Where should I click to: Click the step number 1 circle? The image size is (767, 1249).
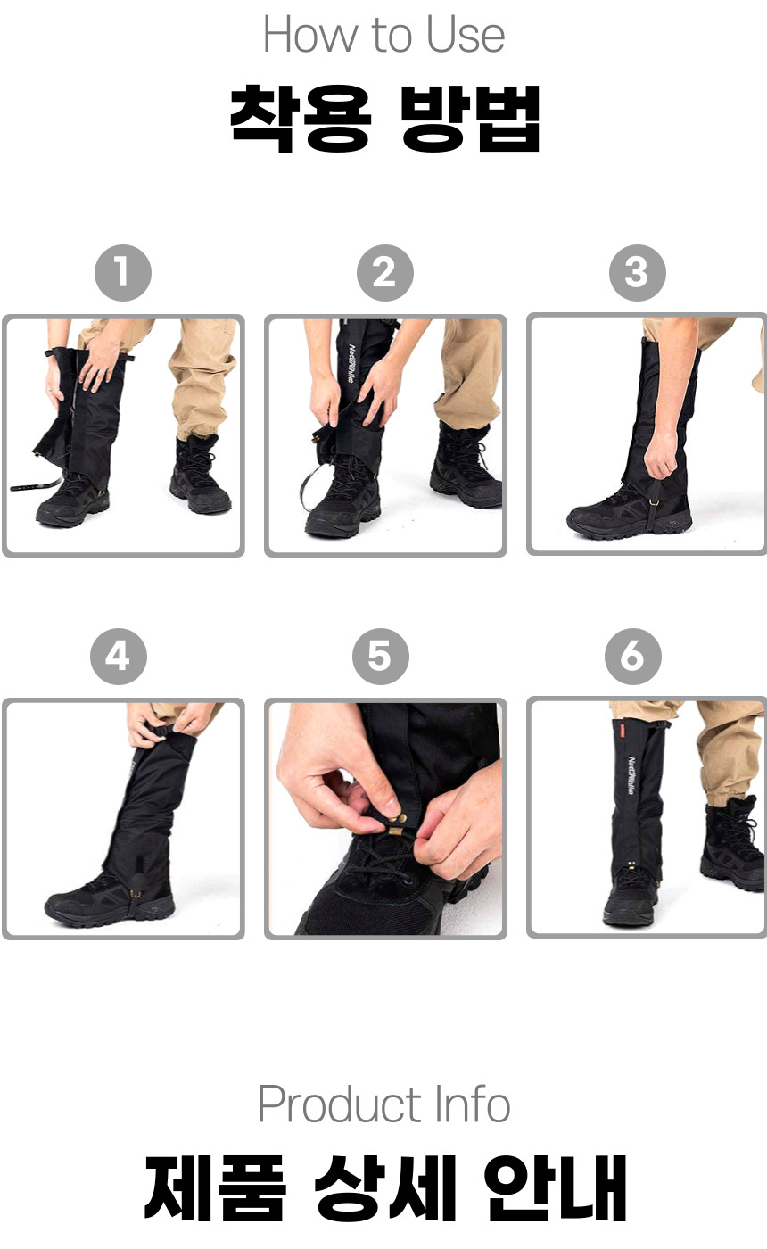click(x=123, y=273)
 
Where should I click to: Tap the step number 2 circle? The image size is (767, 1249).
click(x=385, y=273)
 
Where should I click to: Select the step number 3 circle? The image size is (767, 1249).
click(x=637, y=273)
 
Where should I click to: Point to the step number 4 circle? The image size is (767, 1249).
click(x=119, y=657)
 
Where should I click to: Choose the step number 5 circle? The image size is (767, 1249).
click(x=381, y=657)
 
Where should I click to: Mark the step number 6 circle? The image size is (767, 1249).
click(x=633, y=657)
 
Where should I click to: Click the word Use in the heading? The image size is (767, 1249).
click(x=466, y=35)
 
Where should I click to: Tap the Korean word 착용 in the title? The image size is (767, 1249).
click(x=301, y=119)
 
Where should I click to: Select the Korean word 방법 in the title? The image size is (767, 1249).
click(x=470, y=119)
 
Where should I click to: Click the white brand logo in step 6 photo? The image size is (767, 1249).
click(x=631, y=775)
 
